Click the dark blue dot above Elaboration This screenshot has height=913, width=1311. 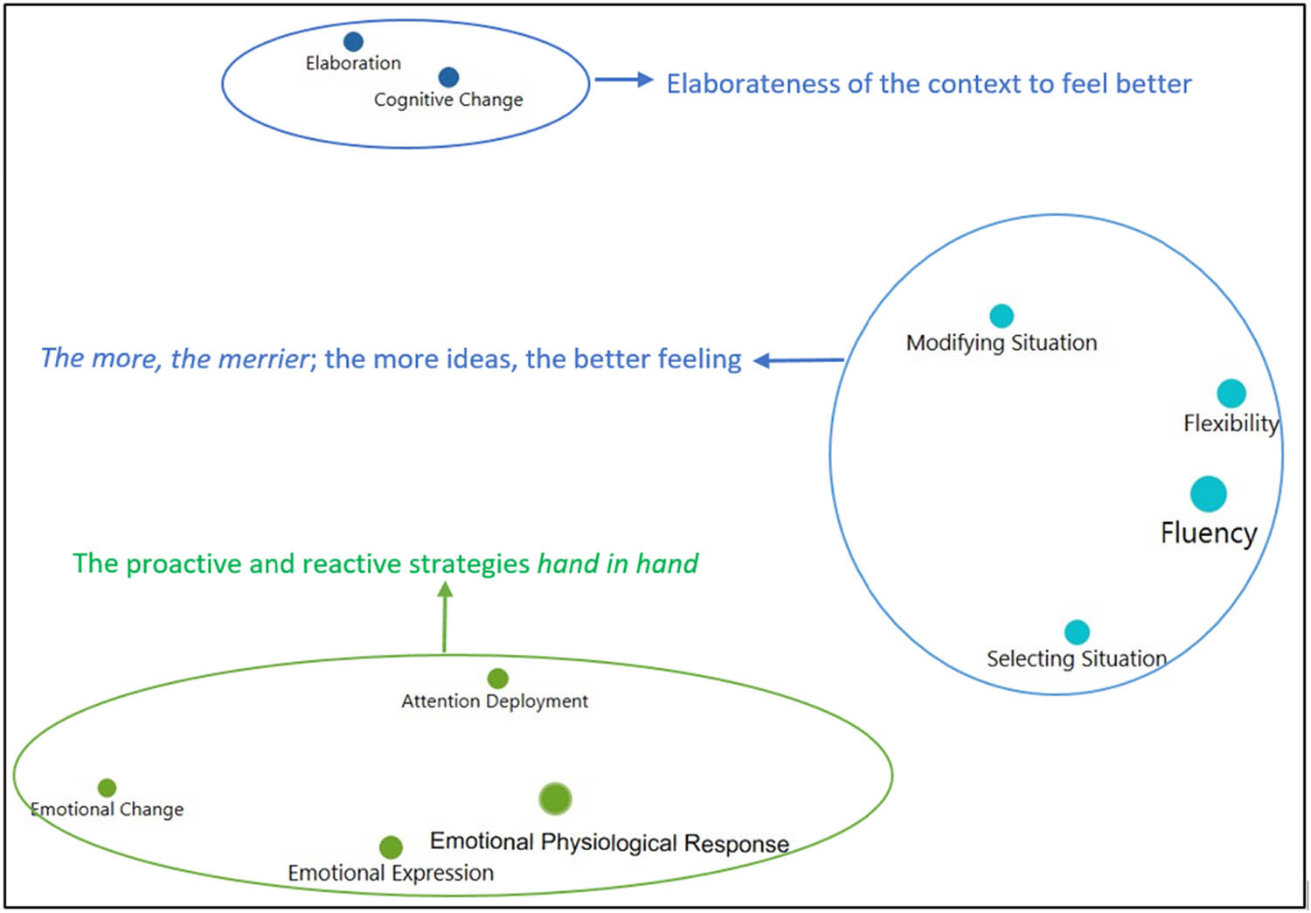tap(353, 41)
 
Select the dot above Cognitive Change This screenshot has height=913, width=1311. tap(448, 77)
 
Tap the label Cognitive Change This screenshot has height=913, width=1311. tap(448, 100)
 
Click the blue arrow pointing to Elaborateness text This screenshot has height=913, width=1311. tap(624, 80)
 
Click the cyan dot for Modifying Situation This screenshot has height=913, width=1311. tap(1002, 316)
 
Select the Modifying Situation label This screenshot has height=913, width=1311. tap(1002, 343)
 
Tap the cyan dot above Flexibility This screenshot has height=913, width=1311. tap(1231, 394)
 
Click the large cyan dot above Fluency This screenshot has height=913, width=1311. tap(1209, 494)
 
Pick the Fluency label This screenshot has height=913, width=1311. tap(1209, 533)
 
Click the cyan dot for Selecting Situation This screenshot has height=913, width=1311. tap(1077, 631)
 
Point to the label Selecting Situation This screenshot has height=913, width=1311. tap(1077, 659)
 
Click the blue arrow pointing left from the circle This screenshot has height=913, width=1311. tap(798, 360)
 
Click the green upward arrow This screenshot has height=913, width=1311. tap(445, 617)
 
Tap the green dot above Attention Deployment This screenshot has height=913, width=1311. tap(497, 679)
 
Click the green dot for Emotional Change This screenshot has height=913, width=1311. tap(107, 788)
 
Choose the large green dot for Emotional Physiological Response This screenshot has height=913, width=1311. tap(555, 798)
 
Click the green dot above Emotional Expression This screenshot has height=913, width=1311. tap(391, 847)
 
